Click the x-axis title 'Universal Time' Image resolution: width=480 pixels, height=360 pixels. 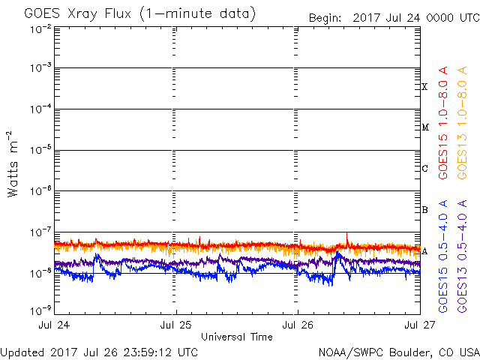[237, 337]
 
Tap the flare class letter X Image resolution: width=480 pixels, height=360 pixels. [424, 87]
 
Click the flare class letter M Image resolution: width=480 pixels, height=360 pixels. [424, 127]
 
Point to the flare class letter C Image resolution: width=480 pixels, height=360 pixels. [424, 169]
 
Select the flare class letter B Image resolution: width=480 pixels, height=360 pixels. [424, 210]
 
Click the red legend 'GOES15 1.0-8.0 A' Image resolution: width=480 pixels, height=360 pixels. [444, 121]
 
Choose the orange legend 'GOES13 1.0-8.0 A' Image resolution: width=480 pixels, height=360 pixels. [464, 121]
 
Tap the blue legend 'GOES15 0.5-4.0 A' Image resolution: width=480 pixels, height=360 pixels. [444, 256]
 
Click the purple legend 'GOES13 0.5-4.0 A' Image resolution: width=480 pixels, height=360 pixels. [464, 256]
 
